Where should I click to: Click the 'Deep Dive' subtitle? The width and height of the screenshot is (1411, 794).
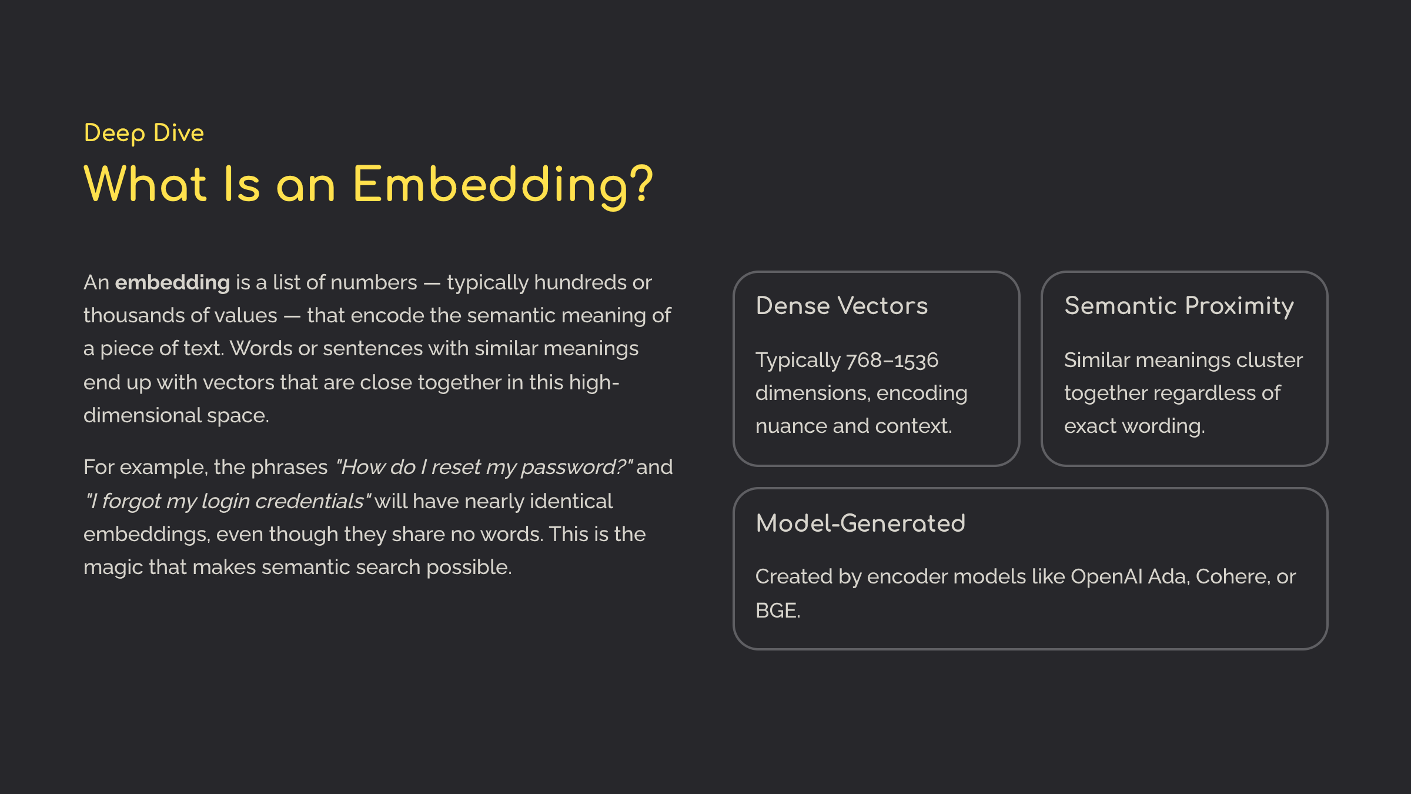click(x=144, y=134)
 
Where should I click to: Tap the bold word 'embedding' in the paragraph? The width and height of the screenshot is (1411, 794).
click(x=172, y=282)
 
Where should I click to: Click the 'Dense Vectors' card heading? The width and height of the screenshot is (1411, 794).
click(x=842, y=306)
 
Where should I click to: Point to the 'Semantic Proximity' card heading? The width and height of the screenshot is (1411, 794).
click(x=1179, y=306)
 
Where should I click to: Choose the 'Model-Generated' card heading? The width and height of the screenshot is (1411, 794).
click(x=861, y=523)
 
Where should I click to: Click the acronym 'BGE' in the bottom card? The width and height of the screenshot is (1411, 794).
click(x=777, y=610)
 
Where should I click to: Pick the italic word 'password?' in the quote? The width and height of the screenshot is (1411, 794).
click(x=577, y=468)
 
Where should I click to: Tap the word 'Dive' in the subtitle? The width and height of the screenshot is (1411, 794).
click(x=179, y=133)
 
